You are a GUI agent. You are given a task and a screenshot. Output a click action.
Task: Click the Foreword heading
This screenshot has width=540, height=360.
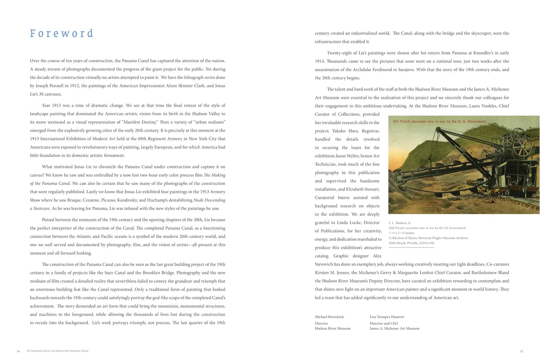(x=62, y=34)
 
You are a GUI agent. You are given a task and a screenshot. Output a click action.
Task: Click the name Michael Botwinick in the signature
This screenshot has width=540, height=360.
(x=329, y=317)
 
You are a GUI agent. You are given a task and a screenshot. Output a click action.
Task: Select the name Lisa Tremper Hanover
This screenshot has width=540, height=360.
(x=387, y=317)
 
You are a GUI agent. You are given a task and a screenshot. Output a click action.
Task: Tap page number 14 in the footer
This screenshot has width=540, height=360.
(x=19, y=351)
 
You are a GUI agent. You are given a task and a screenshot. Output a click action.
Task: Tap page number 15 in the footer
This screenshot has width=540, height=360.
(x=521, y=351)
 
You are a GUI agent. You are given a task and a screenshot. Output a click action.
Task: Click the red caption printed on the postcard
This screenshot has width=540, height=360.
(x=439, y=121)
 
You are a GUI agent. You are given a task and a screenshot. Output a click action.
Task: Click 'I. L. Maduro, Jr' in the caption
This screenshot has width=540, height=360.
(x=400, y=223)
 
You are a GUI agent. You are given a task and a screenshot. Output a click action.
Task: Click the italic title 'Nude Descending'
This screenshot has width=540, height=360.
(x=210, y=200)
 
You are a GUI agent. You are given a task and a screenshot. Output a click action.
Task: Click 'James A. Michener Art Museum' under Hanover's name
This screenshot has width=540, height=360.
(x=394, y=328)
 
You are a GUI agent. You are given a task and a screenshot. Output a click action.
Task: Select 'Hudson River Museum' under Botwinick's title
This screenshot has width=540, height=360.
(x=333, y=328)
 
